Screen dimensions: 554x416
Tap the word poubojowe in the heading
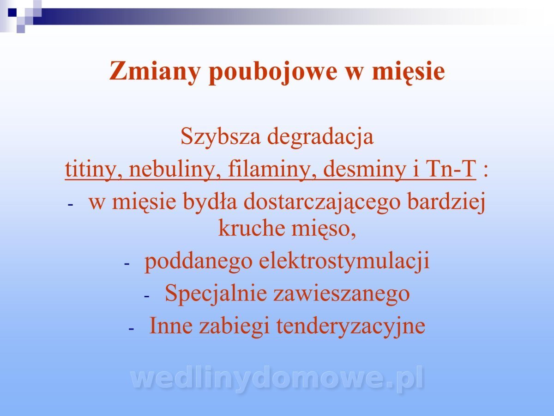coord(273,72)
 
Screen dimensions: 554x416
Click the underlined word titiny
coord(94,170)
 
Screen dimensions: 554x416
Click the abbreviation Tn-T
coord(451,169)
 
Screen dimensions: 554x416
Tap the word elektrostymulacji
coord(344,262)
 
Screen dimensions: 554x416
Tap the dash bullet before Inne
coord(131,329)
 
